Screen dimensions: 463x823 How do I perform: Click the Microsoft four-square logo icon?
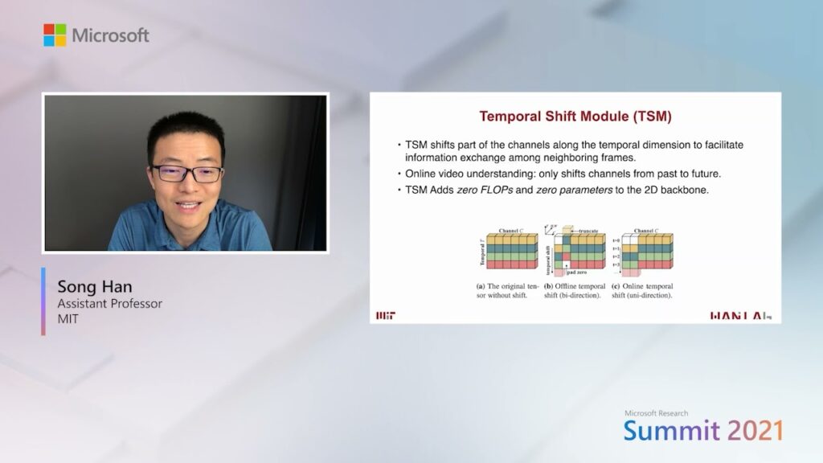[55, 35]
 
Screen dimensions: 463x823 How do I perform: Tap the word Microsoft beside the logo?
[110, 35]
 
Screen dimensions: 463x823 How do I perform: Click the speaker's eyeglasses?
[186, 172]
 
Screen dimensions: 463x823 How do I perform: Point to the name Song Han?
[95, 287]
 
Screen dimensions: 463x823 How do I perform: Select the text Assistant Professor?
[109, 304]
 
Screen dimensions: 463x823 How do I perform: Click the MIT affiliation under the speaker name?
[68, 319]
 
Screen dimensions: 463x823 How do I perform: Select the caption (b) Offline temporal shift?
[574, 291]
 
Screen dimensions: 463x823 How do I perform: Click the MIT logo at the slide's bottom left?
[386, 315]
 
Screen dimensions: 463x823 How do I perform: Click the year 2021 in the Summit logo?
[755, 431]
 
